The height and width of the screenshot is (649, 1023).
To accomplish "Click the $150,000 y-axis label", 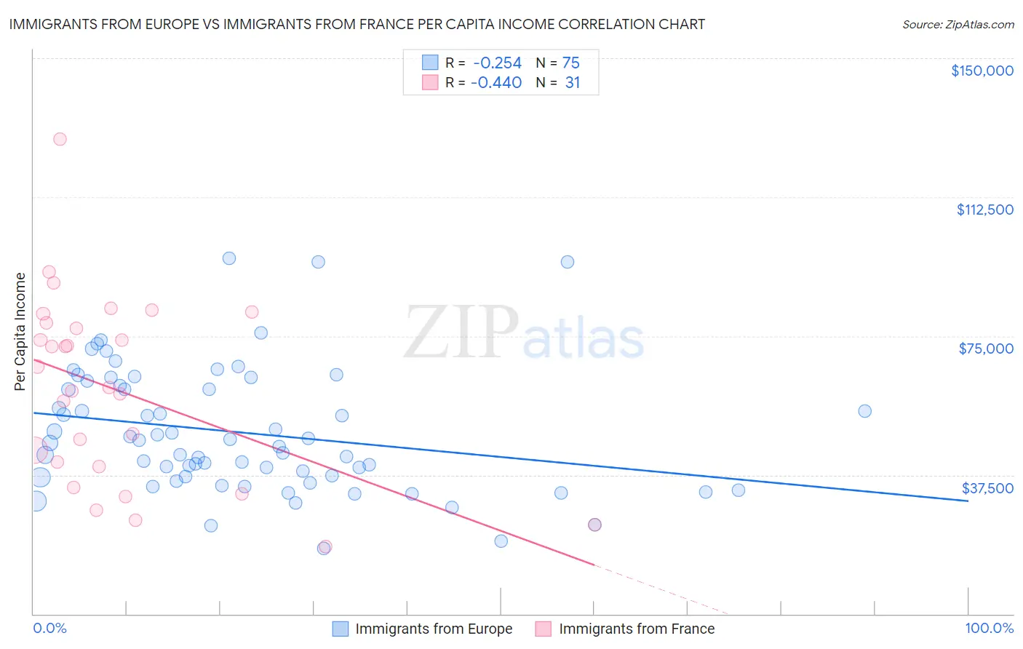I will (982, 71).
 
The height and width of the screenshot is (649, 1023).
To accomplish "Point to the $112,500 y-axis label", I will (984, 210).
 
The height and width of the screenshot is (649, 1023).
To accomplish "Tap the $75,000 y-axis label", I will (986, 349).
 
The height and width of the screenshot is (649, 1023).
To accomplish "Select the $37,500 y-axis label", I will (987, 488).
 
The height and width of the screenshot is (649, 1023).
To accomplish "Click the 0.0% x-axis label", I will (49, 629).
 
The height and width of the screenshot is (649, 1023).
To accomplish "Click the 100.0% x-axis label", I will (989, 629).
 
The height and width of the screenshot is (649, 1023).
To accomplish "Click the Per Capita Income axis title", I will (20, 331).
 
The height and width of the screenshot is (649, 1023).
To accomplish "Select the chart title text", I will (357, 24).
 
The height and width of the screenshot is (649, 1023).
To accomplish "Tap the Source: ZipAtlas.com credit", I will (958, 24).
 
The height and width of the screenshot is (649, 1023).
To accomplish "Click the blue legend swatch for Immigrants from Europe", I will (341, 629).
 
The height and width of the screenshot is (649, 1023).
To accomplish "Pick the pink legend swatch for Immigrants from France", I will (544, 629).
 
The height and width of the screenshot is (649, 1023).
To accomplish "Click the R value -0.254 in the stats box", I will (497, 63).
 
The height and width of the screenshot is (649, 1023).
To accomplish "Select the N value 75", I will (570, 63).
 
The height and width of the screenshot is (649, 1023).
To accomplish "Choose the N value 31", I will (572, 83).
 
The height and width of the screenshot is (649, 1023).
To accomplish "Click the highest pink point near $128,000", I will (60, 139).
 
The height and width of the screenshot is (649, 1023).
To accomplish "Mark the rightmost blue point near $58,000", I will (864, 411).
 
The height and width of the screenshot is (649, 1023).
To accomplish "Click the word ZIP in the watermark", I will (461, 333).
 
